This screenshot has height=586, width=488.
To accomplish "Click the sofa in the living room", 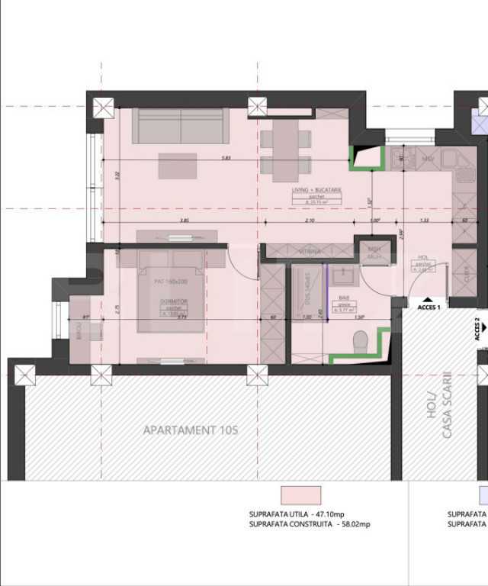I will tap(181, 125).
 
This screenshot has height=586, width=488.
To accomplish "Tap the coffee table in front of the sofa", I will tap(177, 165).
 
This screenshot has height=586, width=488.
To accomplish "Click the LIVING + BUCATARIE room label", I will tap(316, 189).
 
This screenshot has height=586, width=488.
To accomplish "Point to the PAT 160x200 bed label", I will tap(170, 282).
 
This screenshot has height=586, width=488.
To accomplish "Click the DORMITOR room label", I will tap(173, 301).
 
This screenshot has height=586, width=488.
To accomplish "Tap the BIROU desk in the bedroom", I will tap(79, 333).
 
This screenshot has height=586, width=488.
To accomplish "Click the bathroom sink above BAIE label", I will tap(344, 272).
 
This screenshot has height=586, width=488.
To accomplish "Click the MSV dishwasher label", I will tap(427, 159).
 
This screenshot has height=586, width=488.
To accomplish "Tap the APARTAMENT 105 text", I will tap(191, 430).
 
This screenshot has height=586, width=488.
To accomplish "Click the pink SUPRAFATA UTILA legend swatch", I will tap(301, 495).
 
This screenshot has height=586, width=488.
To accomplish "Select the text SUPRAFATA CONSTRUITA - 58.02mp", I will tap(309, 524).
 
